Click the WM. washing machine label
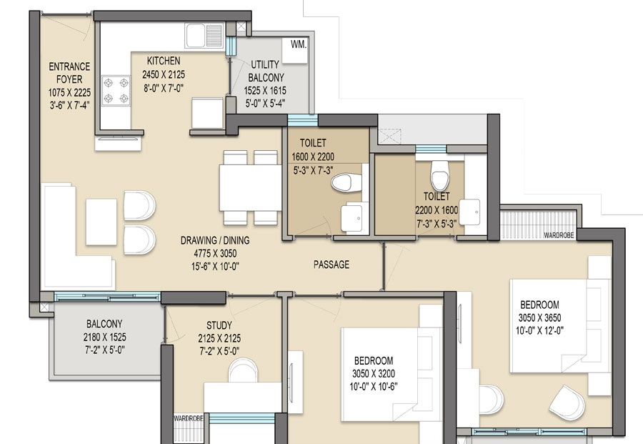tap(299, 44)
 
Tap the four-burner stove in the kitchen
tap(116, 91)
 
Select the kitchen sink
tap(204, 36)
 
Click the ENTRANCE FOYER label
tap(69, 73)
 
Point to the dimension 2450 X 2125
tap(164, 74)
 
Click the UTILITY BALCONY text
tap(266, 71)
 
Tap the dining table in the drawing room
tap(250, 187)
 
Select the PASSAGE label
tap(332, 265)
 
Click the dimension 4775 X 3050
tap(215, 254)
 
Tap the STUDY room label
tap(219, 326)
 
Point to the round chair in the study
tap(243, 370)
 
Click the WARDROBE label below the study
tap(188, 418)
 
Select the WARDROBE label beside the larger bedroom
tap(559, 235)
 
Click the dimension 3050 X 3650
tap(539, 317)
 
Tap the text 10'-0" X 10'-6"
tap(374, 387)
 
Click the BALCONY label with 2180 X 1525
tap(104, 324)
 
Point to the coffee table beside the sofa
tap(101, 222)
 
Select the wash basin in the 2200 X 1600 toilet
tap(469, 212)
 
